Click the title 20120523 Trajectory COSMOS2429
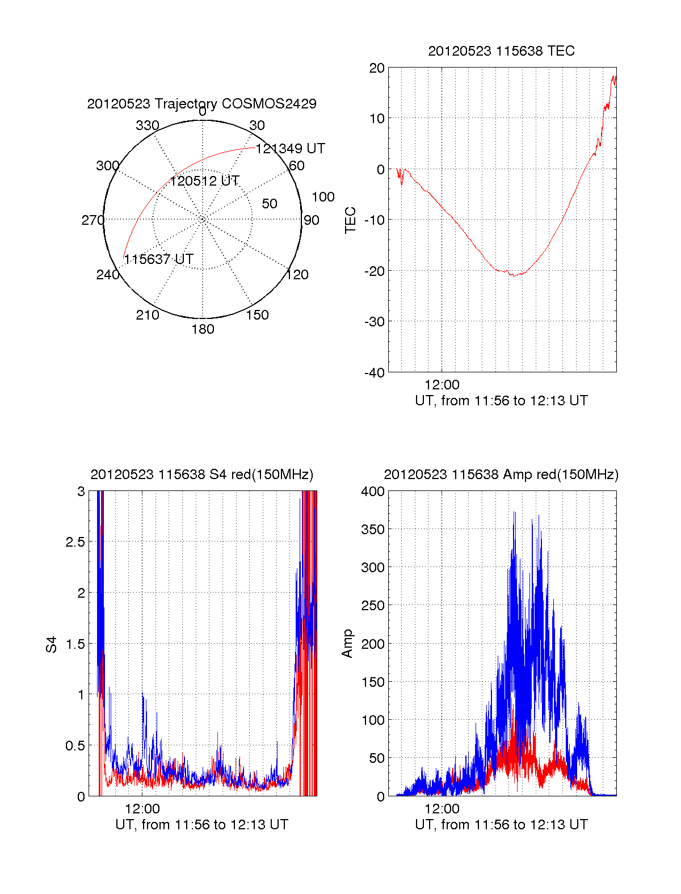click(x=201, y=104)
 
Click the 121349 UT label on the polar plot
click(x=290, y=149)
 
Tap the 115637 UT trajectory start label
click(x=158, y=259)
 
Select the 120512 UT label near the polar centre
click(x=204, y=181)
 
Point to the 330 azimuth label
click(x=147, y=125)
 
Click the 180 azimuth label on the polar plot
click(x=203, y=329)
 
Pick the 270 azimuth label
click(x=93, y=220)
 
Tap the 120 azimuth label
click(x=297, y=275)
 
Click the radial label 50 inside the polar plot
click(x=270, y=204)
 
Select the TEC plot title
click(x=501, y=51)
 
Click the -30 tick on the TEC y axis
click(x=374, y=321)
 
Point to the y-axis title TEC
click(x=351, y=220)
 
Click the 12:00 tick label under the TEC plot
click(x=442, y=385)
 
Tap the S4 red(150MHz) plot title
click(x=201, y=475)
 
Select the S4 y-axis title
click(x=52, y=644)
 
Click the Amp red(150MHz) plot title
click(x=501, y=475)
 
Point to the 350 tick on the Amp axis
click(x=373, y=530)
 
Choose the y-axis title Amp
click(x=347, y=644)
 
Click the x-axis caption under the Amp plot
click(x=501, y=825)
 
